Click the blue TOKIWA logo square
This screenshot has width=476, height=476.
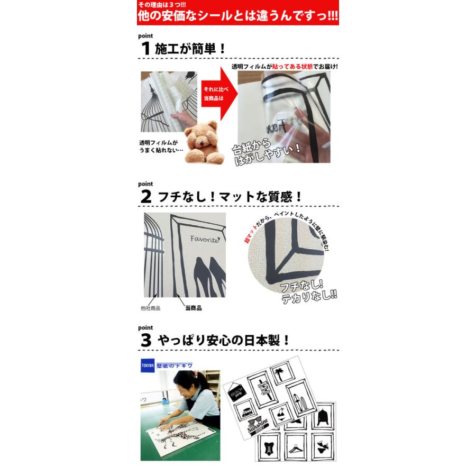coord(148,365)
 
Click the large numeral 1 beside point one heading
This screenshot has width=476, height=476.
coord(147,49)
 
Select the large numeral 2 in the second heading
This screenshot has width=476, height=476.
coord(147,196)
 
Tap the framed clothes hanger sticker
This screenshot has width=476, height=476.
coord(295,442)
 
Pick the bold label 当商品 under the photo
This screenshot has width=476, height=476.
coord(194,308)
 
